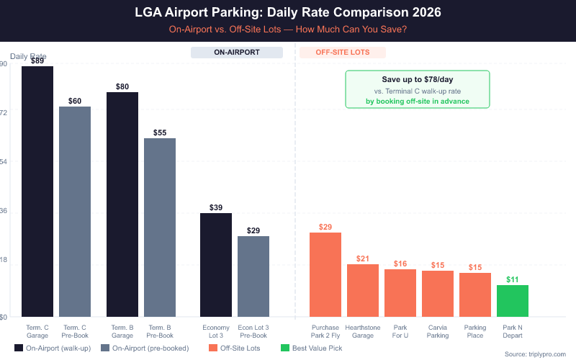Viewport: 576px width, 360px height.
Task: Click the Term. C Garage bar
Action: tap(37, 192)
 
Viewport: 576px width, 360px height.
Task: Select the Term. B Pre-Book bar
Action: tap(160, 228)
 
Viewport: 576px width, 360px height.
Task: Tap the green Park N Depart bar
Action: tap(513, 301)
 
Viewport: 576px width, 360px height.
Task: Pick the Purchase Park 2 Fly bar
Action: tap(325, 274)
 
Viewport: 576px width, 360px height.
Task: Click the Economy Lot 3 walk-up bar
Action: tap(216, 265)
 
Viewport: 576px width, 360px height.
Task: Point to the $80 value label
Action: tap(122, 86)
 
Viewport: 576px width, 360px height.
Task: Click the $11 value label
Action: tap(513, 279)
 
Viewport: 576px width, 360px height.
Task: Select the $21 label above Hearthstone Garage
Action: tap(363, 258)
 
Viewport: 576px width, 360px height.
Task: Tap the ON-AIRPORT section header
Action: tap(237, 53)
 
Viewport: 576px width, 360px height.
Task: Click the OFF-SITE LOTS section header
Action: tap(341, 53)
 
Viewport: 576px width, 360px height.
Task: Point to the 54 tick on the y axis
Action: tap(4, 161)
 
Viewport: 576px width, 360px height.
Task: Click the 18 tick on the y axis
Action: tap(4, 260)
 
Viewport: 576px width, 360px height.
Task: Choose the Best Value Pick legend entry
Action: tap(314, 348)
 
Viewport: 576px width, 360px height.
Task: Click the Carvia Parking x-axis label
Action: tap(438, 331)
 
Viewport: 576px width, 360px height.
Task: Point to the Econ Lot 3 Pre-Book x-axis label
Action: tap(253, 331)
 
